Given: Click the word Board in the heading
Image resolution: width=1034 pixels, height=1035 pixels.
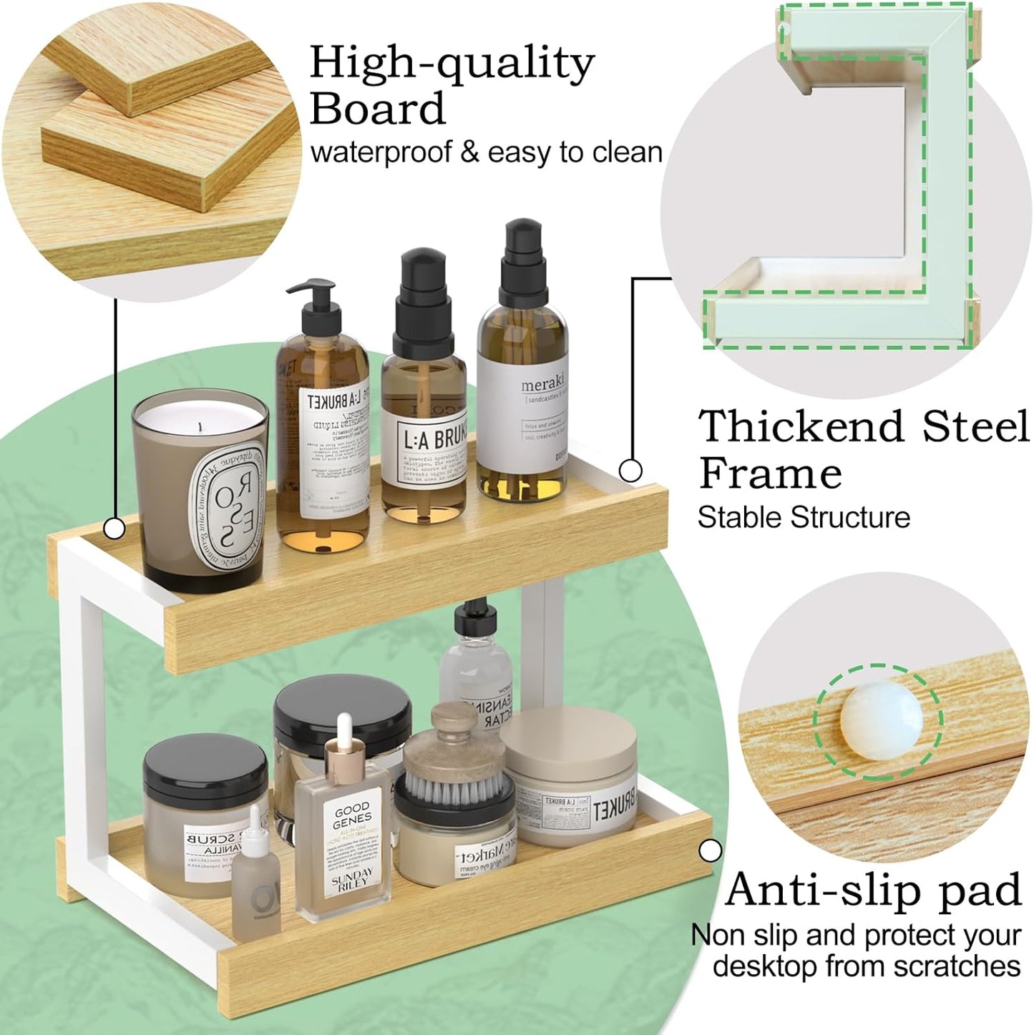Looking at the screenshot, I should pyautogui.click(x=377, y=109).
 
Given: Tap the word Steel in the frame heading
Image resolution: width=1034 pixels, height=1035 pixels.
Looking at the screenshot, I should pyautogui.click(x=975, y=427).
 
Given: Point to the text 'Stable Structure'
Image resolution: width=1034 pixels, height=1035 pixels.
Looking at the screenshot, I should pyautogui.click(x=803, y=517).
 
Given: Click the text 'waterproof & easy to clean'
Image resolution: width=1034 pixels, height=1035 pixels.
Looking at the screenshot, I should pyautogui.click(x=486, y=152).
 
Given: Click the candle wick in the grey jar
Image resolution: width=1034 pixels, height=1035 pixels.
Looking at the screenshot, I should pyautogui.click(x=200, y=427).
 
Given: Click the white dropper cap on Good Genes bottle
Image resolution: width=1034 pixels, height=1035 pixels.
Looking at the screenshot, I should pyautogui.click(x=345, y=737).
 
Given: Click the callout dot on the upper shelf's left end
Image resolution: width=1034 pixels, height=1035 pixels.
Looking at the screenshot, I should pyautogui.click(x=114, y=529).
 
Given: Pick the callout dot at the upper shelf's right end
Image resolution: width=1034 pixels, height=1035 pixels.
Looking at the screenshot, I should pyautogui.click(x=630, y=471).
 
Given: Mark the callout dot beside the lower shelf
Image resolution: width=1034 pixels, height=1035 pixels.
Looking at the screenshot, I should pyautogui.click(x=710, y=850).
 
